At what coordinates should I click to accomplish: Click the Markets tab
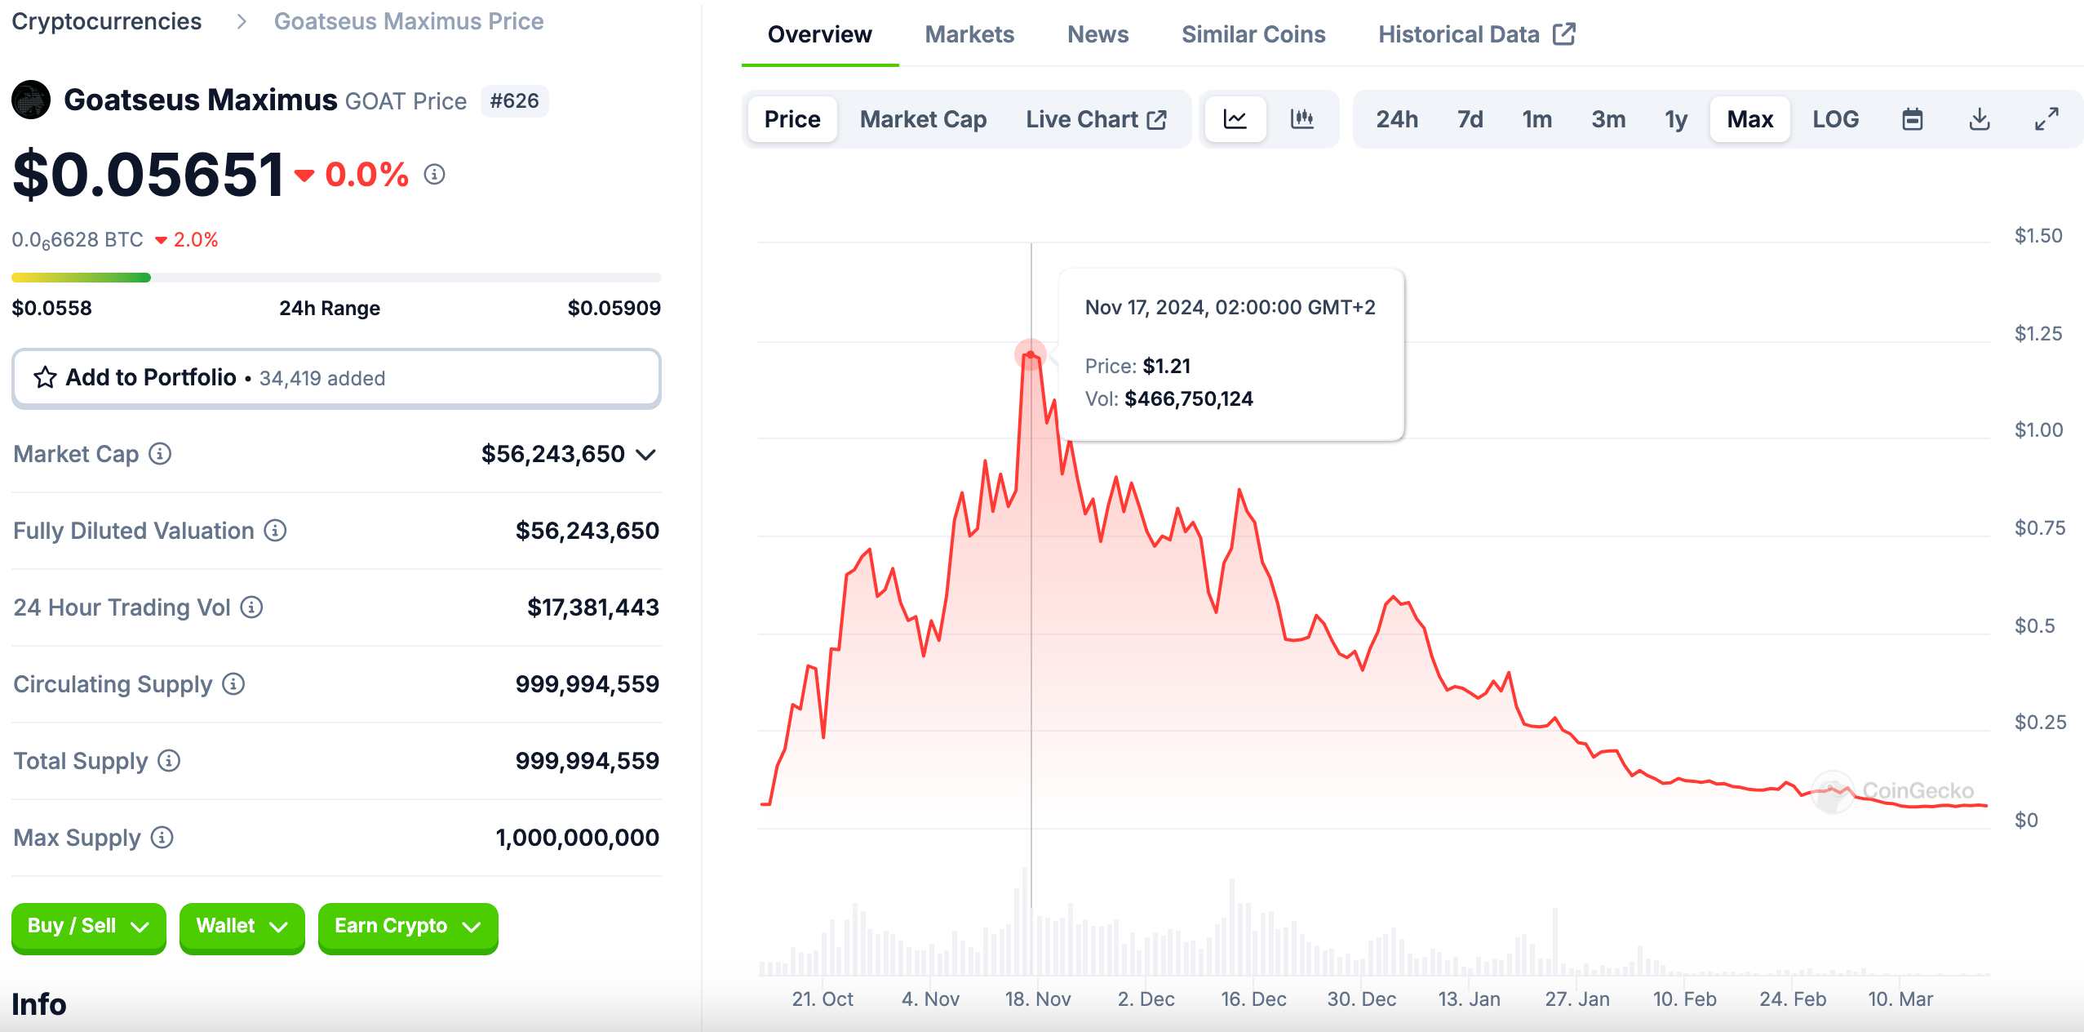[x=969, y=34]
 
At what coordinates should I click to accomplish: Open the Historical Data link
[x=1475, y=34]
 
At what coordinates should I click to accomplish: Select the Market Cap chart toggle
[x=923, y=119]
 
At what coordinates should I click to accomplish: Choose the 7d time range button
[x=1470, y=119]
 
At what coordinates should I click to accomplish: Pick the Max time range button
[x=1749, y=119]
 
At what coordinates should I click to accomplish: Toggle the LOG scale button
[x=1835, y=119]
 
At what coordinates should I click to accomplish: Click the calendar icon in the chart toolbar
[x=1912, y=119]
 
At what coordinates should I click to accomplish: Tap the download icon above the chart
[x=1979, y=119]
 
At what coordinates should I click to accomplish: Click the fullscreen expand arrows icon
[x=2046, y=119]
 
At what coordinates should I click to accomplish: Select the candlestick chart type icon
[x=1301, y=119]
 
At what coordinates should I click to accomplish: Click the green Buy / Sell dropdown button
[x=88, y=926]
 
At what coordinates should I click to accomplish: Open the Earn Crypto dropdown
[x=407, y=926]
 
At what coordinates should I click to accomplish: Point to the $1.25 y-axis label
[x=2037, y=333]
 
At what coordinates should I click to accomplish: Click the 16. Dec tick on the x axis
[x=1253, y=999]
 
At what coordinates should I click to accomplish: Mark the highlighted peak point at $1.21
[x=1031, y=354]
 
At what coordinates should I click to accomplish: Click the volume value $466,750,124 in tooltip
[x=1188, y=398]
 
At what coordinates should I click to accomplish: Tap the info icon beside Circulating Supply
[x=233, y=684]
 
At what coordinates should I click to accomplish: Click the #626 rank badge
[x=514, y=101]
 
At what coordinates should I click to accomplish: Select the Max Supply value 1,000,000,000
[x=577, y=838]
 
